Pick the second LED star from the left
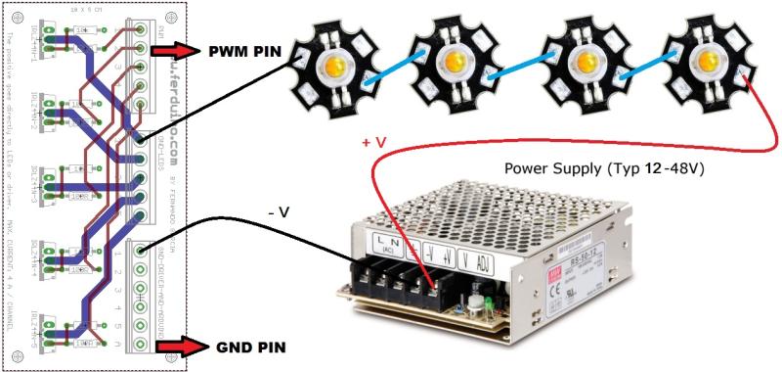455,66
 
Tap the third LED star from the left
587,65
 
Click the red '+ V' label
374,143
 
